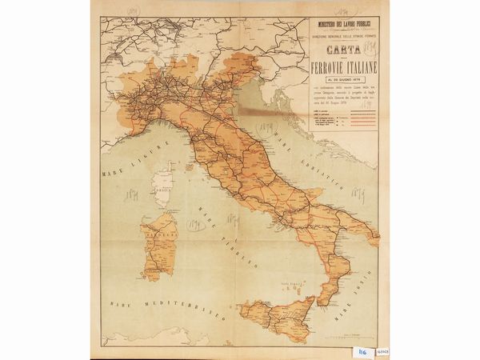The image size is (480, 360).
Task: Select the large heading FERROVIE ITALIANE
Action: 347,77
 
